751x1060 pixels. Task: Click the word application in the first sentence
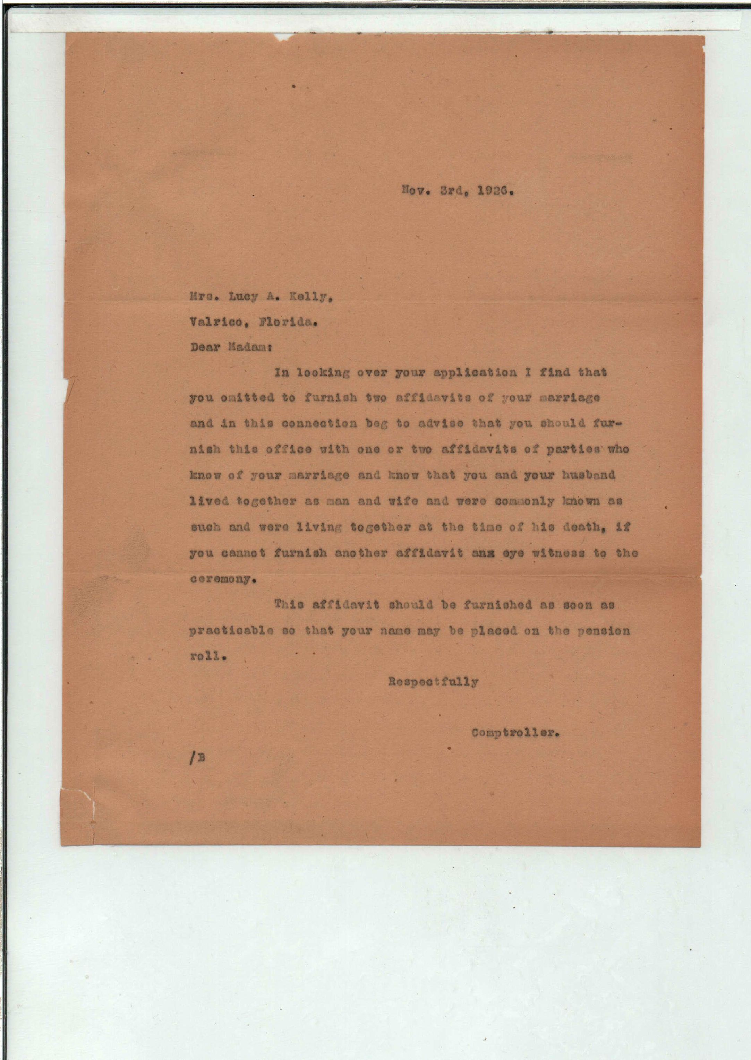[475, 373]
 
